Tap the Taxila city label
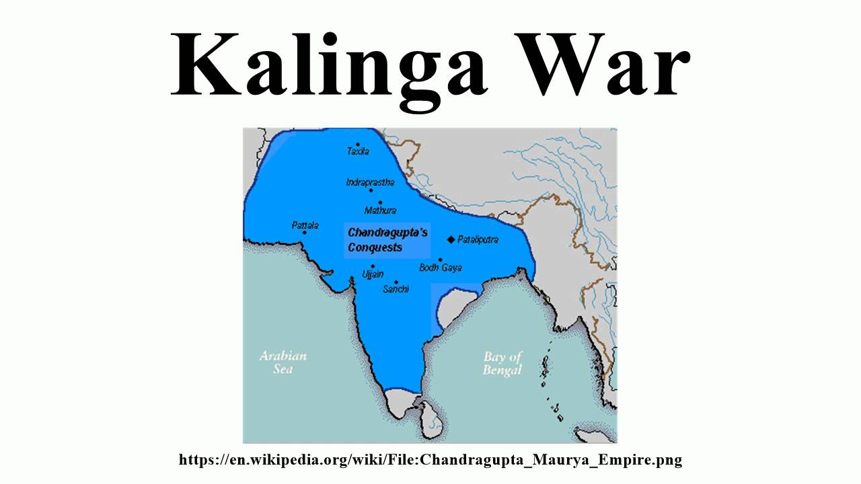358,152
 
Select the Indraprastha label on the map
370,182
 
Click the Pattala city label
305,225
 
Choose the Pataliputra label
478,239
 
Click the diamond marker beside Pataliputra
451,239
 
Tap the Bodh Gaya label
441,268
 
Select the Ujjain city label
373,274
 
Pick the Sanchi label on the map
396,290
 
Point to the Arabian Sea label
283,362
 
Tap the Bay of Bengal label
502,364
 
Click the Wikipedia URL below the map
430,460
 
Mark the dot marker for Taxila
358,144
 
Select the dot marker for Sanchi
396,282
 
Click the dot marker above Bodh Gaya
441,259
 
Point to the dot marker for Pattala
305,233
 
